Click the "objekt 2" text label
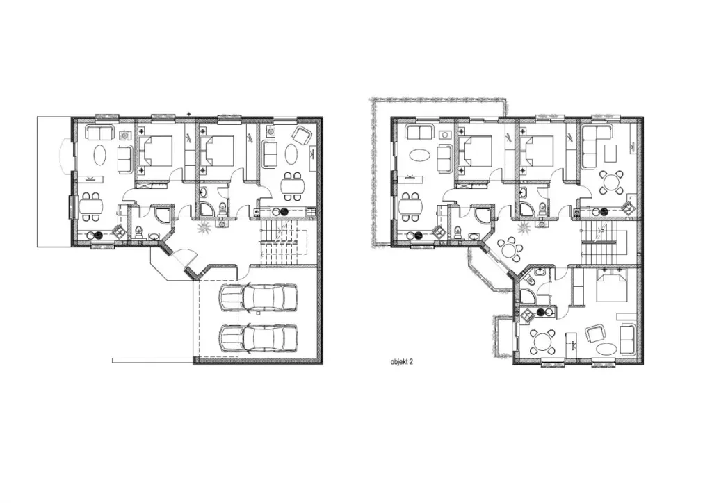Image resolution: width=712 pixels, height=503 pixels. click(401, 362)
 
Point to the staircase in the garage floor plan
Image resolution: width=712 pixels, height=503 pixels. click(282, 242)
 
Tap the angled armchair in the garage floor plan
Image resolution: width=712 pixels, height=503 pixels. click(300, 135)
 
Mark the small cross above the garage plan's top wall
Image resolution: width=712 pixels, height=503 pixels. click(189, 113)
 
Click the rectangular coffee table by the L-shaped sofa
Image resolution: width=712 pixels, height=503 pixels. click(610, 153)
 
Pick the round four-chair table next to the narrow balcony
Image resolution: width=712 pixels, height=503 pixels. click(542, 340)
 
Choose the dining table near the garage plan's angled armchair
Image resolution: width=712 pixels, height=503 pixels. click(293, 186)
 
